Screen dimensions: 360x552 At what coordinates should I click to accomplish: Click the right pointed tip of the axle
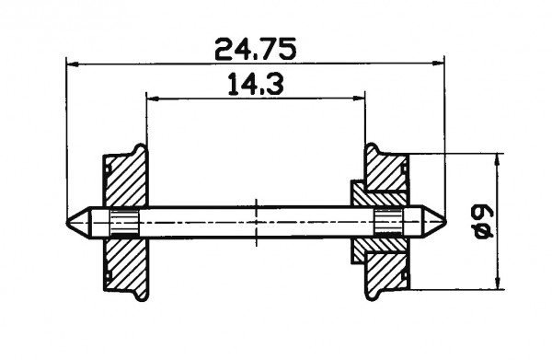point(443,221)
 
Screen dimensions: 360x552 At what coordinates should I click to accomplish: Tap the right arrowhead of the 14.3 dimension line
point(361,98)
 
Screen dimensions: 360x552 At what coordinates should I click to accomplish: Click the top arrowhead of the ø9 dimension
point(498,158)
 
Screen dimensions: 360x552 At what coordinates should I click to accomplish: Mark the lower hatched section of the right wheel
point(386,267)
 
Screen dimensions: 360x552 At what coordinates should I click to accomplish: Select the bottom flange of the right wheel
point(373,294)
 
